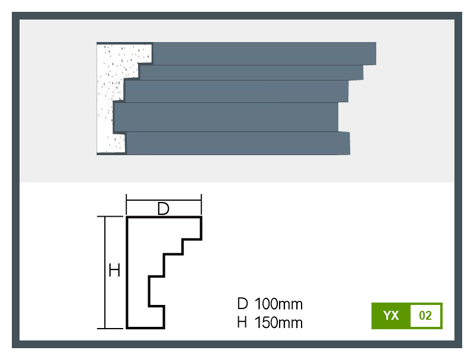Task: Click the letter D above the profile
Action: [164, 208]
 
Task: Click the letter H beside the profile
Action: [114, 271]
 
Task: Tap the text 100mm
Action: [278, 304]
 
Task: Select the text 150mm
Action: [278, 323]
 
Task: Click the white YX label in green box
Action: [391, 316]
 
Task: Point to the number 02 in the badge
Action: [425, 316]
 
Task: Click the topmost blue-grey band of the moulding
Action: [264, 53]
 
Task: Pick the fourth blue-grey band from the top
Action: [226, 117]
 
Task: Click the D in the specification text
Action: [242, 304]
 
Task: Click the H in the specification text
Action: [242, 323]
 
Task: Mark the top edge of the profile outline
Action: [164, 218]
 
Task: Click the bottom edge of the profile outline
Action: [146, 327]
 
